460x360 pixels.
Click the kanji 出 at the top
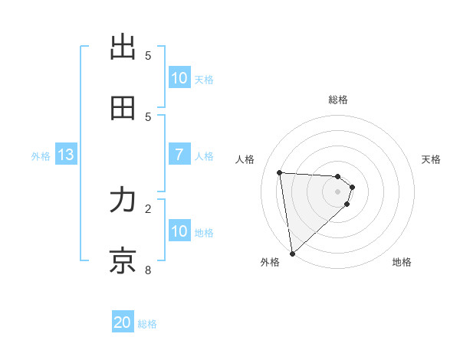pyautogui.click(x=123, y=47)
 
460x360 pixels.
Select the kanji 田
pyautogui.click(x=123, y=108)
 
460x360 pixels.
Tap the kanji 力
pyautogui.click(x=123, y=201)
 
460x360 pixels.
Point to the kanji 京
pyautogui.click(x=123, y=260)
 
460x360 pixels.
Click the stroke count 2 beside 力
pyautogui.click(x=149, y=208)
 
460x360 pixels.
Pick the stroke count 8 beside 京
pyautogui.click(x=149, y=269)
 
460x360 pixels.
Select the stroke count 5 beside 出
pyautogui.click(x=149, y=55)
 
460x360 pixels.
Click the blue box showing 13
pyautogui.click(x=66, y=155)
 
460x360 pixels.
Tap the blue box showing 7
pyautogui.click(x=179, y=155)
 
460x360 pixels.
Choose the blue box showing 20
pyautogui.click(x=123, y=323)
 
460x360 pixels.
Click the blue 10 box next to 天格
pyautogui.click(x=179, y=78)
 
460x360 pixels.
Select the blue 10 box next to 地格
pyautogui.click(x=179, y=231)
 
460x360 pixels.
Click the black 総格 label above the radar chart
pyautogui.click(x=338, y=100)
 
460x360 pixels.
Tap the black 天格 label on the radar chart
pyautogui.click(x=431, y=159)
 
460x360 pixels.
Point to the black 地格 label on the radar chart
pyautogui.click(x=402, y=262)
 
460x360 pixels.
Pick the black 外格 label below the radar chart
pyautogui.click(x=270, y=262)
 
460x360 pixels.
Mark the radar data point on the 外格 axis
pyautogui.click(x=292, y=253)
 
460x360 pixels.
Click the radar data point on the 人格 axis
pyautogui.click(x=280, y=172)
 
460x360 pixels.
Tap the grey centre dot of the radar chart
pyautogui.click(x=337, y=191)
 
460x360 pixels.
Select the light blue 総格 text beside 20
pyautogui.click(x=147, y=324)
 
